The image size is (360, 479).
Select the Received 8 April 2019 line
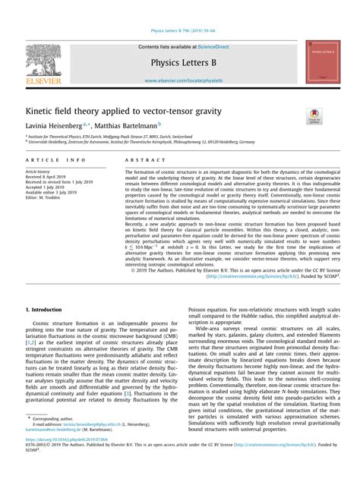coord(48,177)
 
